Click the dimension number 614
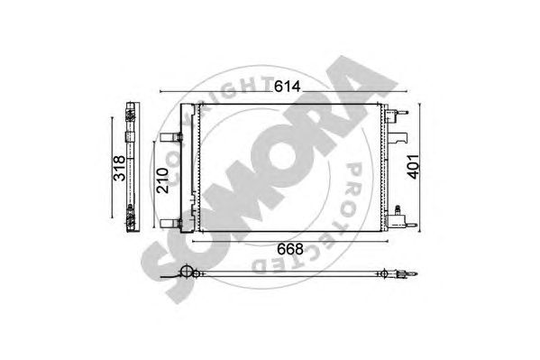click(288, 87)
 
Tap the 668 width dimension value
click(290, 249)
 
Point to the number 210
click(162, 180)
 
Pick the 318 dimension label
click(120, 169)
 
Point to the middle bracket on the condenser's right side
click(398, 137)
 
